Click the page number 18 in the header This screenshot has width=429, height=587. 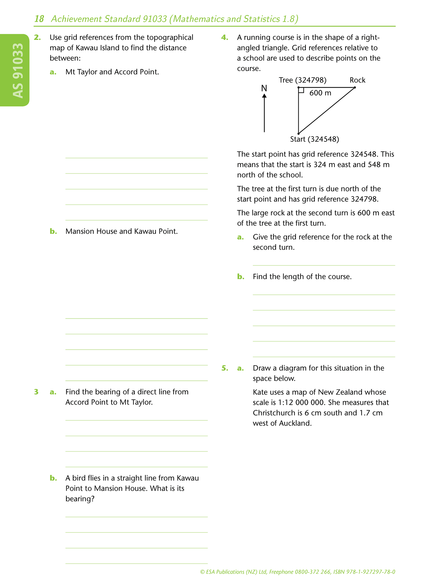[x=39, y=19]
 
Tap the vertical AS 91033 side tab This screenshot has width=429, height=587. [x=18, y=70]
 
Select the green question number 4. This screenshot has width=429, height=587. [x=225, y=37]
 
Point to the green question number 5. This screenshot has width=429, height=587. [x=225, y=368]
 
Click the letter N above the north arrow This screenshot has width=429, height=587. [x=264, y=88]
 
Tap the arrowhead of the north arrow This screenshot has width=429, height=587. [x=264, y=96]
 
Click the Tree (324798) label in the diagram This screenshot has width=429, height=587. [x=302, y=80]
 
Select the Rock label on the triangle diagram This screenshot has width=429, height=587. [x=357, y=80]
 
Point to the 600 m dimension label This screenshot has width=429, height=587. [x=320, y=93]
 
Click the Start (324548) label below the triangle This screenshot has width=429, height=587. [x=315, y=139]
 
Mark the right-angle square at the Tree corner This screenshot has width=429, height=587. [x=301, y=90]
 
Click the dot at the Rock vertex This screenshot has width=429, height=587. [x=355, y=88]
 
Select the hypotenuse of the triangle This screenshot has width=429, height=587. [x=327, y=111]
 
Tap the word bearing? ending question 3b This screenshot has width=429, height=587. [x=80, y=499]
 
